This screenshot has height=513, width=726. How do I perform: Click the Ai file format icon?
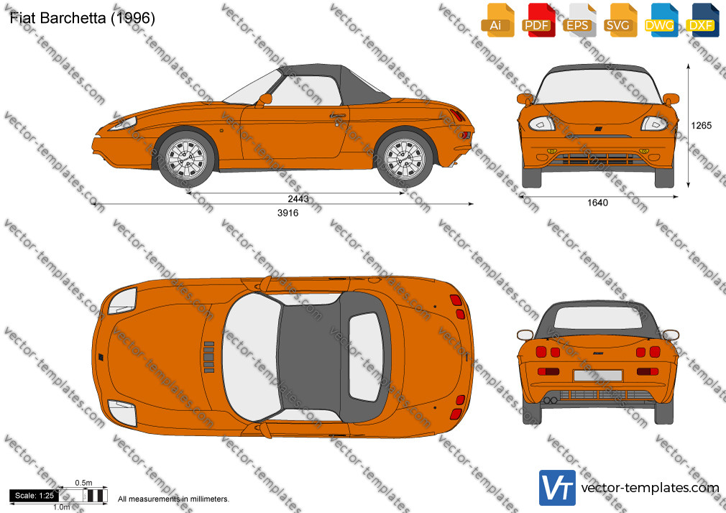click(x=497, y=20)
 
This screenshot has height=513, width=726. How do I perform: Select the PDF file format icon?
click(x=538, y=20)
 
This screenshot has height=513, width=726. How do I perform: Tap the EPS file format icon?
click(x=579, y=20)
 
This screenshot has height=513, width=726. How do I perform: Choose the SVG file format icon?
click(x=620, y=20)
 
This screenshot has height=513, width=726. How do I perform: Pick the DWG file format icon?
click(x=661, y=20)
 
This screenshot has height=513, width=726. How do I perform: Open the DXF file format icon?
click(x=702, y=20)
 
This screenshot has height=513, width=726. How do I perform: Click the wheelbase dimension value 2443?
click(x=298, y=198)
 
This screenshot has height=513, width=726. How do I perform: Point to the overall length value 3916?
click(x=288, y=213)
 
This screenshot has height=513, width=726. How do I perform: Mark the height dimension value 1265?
click(x=701, y=126)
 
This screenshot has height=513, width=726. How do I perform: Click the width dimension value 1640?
click(x=597, y=203)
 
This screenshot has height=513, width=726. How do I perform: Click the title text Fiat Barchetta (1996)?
click(x=83, y=17)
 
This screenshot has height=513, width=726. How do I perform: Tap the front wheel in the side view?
click(x=186, y=159)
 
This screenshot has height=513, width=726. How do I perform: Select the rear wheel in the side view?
click(x=405, y=159)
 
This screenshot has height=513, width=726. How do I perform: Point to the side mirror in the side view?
click(x=264, y=99)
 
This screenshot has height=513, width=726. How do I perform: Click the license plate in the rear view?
click(x=598, y=376)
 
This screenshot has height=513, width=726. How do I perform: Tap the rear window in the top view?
click(x=365, y=356)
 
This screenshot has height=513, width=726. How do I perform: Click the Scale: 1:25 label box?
click(x=34, y=496)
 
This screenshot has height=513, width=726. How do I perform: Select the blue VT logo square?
click(x=558, y=488)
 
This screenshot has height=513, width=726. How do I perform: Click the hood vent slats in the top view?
click(x=209, y=357)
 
